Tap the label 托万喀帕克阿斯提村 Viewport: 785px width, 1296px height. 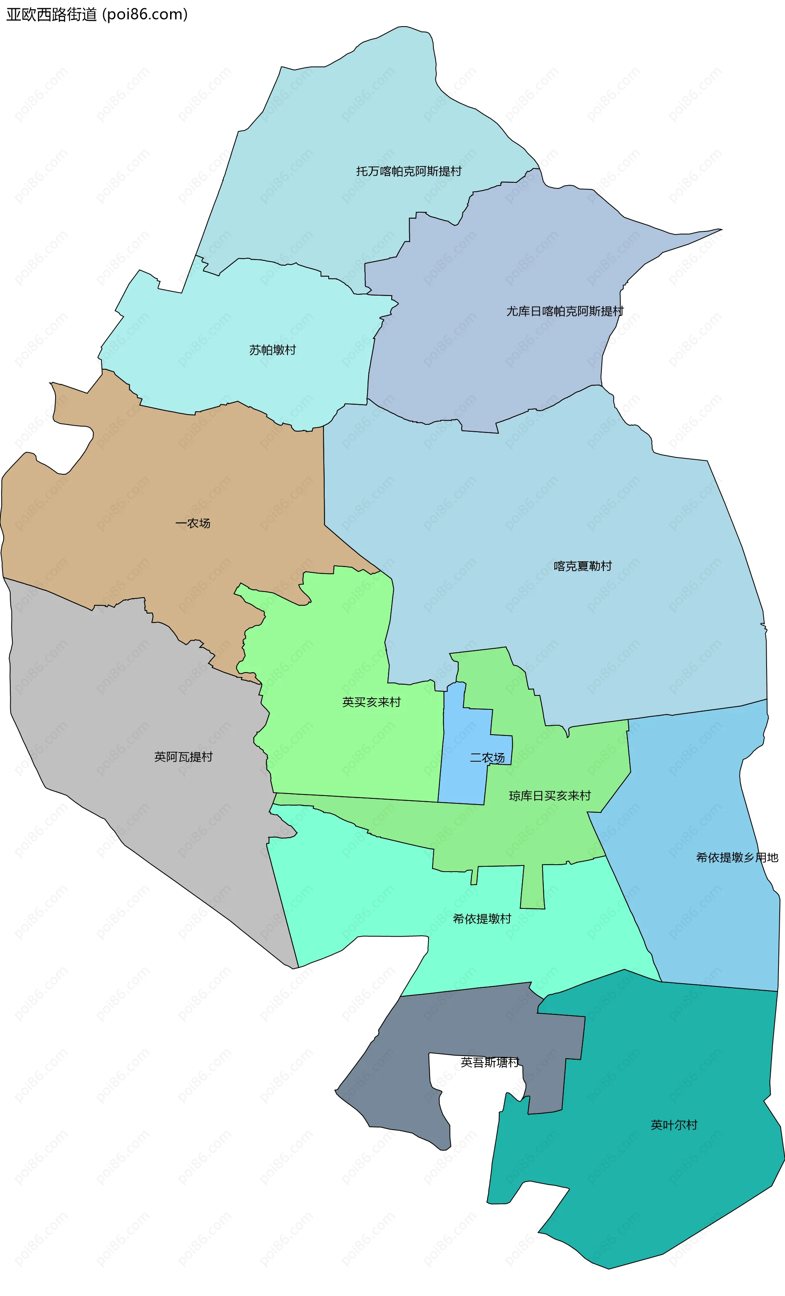(x=408, y=171)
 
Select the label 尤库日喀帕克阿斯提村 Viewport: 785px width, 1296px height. (x=565, y=312)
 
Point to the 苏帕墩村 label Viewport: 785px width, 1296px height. (x=273, y=350)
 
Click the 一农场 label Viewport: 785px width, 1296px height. (x=193, y=523)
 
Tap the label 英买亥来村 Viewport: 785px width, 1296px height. (x=372, y=702)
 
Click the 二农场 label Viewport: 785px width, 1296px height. (x=487, y=758)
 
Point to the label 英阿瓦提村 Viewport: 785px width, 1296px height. (x=183, y=757)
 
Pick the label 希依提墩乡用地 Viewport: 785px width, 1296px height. (x=737, y=857)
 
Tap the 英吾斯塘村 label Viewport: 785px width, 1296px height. (x=490, y=1062)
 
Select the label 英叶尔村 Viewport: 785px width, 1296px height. (x=674, y=1125)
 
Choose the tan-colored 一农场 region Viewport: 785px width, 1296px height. (x=158, y=473)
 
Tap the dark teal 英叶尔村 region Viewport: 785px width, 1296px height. (x=658, y=1184)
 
